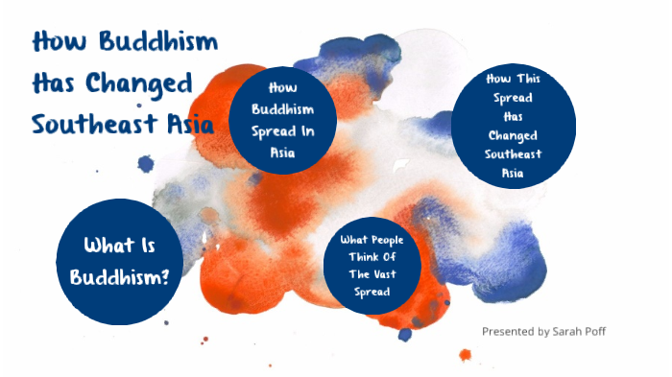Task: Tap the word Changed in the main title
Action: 139,83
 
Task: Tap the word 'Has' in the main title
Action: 55,83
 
